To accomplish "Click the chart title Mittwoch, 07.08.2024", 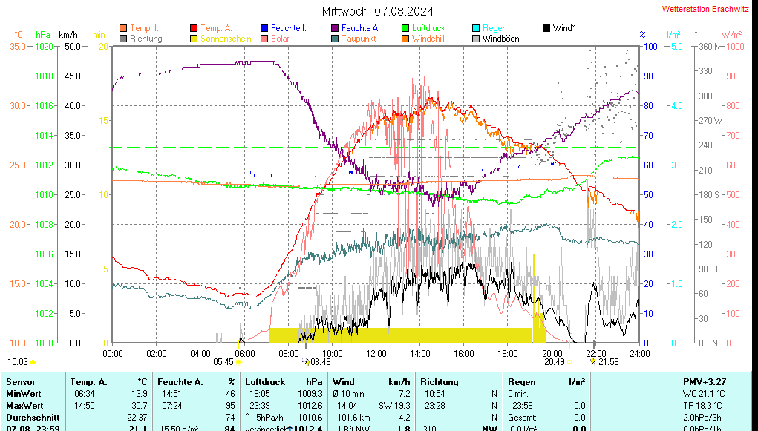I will coord(378,11).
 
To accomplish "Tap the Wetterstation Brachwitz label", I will coord(706,10).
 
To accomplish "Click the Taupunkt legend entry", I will coord(359,39).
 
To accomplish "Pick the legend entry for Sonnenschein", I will coord(226,39).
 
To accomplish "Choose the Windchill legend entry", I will coord(428,39).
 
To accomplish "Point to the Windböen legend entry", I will coord(500,39).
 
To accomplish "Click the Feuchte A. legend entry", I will coord(360,28).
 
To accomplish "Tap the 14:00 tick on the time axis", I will coord(420,353).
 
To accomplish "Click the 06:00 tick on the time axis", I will coord(244,353).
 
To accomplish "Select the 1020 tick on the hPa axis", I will coord(44,46).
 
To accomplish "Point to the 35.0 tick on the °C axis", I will coord(18,46).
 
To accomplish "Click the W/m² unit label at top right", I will coord(731,35).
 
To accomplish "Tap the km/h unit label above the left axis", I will coord(68,35).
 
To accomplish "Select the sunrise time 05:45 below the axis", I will coord(223,362).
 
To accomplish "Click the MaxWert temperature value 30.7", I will coord(137,405).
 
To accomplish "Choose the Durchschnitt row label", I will coord(30,417).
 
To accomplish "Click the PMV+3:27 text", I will coord(705,381).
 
